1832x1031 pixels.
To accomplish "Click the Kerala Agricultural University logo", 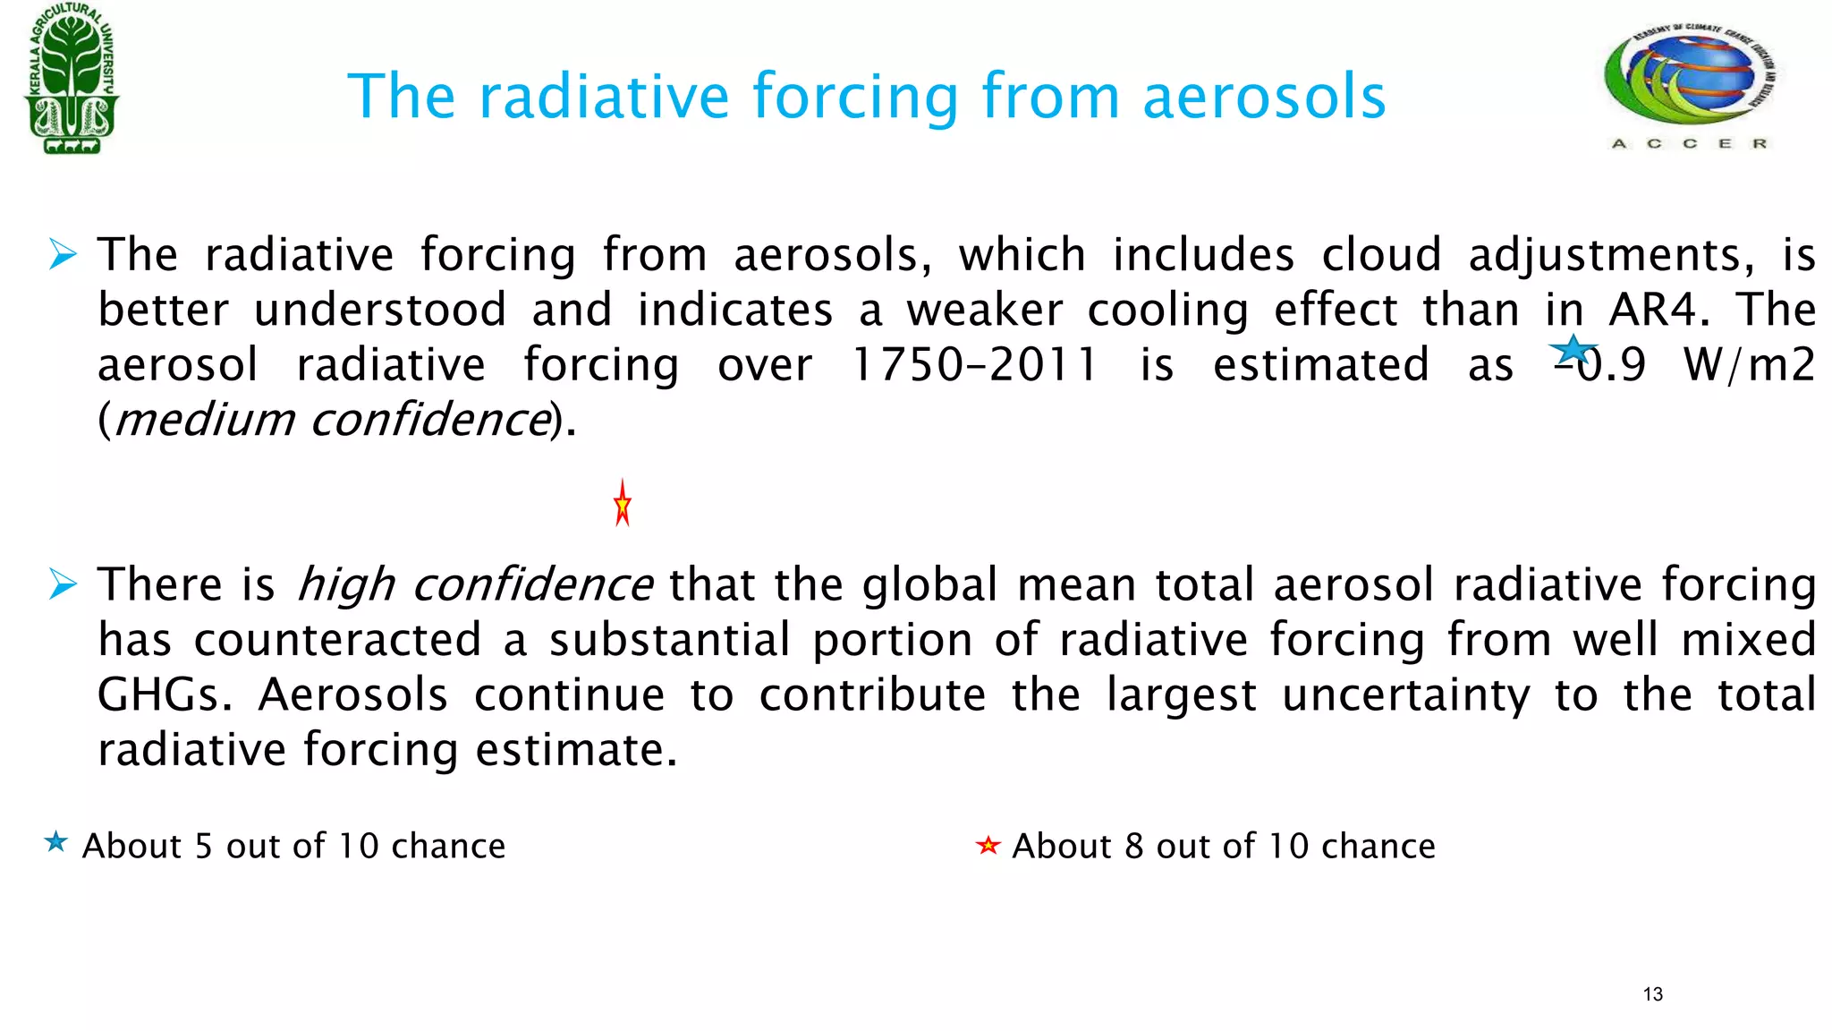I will coord(72,79).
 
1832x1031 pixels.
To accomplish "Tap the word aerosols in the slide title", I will coord(1264,96).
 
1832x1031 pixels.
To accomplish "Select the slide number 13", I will coord(1652,994).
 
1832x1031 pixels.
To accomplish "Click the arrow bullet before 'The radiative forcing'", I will coord(63,254).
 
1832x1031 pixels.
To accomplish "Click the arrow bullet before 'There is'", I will coord(63,584).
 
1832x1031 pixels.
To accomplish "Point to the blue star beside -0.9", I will coord(1572,350).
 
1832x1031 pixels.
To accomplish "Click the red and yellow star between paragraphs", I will coord(623,504).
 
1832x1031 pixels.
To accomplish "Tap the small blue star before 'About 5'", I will coord(55,842).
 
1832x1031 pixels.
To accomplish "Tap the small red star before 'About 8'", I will coord(988,845).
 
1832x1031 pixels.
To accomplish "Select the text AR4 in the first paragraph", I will coord(1651,310).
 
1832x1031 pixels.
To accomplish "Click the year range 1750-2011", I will coord(973,365).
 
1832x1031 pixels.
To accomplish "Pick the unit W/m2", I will coord(1748,365).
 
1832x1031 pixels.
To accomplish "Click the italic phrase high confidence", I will coord(474,585).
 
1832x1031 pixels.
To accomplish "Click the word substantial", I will coord(669,640).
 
